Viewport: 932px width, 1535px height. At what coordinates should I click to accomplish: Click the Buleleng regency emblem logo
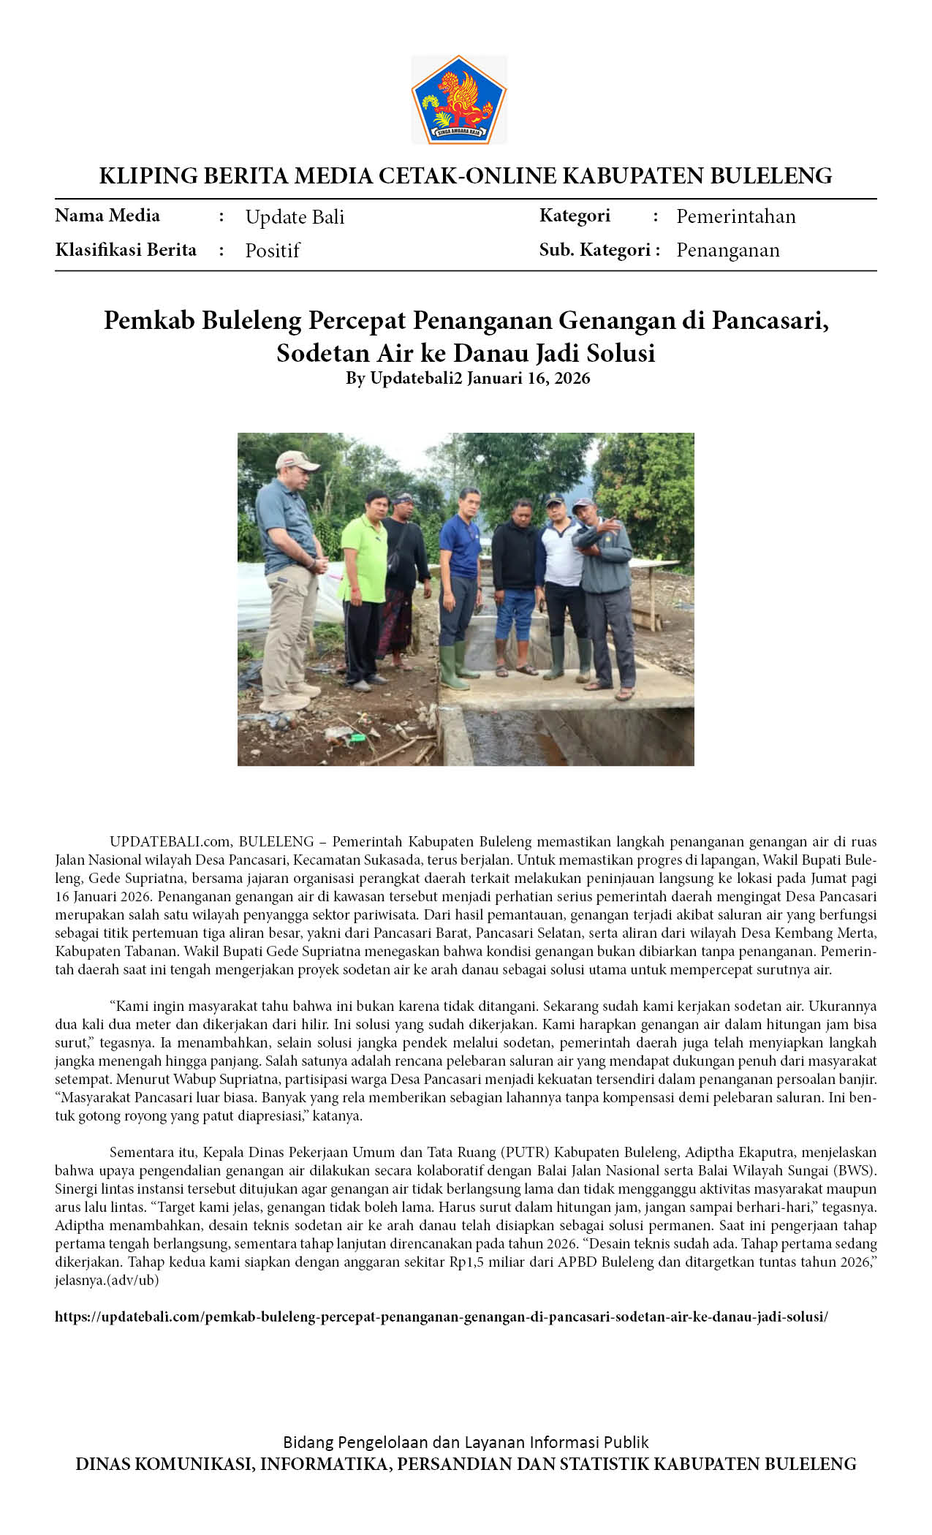458,99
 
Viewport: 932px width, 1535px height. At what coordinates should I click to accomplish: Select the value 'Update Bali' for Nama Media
295,216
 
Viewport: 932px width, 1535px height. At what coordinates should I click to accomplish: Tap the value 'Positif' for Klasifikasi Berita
272,250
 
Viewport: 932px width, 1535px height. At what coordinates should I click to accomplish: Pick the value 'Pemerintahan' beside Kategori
735,216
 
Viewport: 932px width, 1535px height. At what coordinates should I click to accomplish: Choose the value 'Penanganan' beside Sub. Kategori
727,250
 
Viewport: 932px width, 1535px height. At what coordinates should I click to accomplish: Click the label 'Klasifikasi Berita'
126,250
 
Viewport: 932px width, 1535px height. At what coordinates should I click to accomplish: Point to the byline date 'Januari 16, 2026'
528,378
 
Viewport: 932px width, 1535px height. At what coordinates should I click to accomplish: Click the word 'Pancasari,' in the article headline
770,320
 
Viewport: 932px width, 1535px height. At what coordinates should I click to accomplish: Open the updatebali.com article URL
442,1316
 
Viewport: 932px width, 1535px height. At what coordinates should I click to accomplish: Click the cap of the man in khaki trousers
297,460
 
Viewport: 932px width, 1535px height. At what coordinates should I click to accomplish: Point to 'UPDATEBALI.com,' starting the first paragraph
170,841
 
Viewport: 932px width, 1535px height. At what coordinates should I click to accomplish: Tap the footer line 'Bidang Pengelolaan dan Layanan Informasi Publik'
466,1441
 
